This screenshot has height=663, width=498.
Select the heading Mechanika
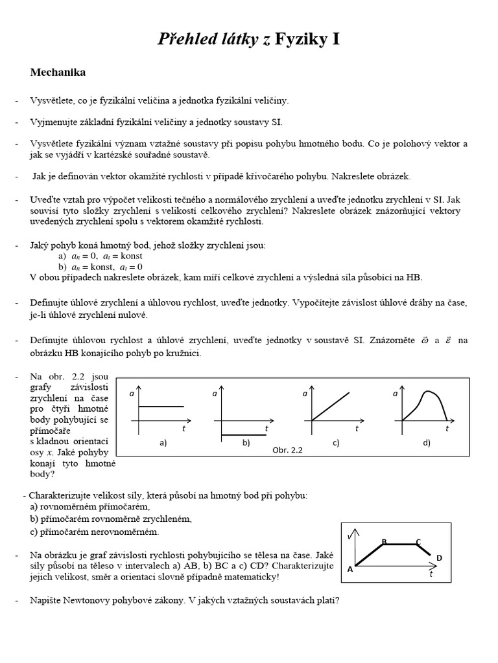pyautogui.click(x=58, y=73)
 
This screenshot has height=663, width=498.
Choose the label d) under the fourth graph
pyautogui.click(x=427, y=443)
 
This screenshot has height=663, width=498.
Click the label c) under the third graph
pyautogui.click(x=335, y=443)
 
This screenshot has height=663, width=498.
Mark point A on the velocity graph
pyautogui.click(x=350, y=569)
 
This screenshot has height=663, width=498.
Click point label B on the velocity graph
pyautogui.click(x=385, y=541)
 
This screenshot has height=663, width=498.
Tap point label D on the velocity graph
pyautogui.click(x=439, y=557)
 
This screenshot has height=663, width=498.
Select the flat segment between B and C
pyautogui.click(x=402, y=545)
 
